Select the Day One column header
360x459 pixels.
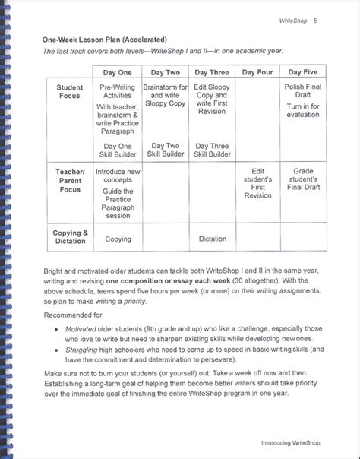(x=118, y=72)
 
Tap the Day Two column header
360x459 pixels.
(x=166, y=72)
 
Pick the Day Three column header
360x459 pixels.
(x=212, y=72)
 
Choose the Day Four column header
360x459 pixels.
(x=258, y=72)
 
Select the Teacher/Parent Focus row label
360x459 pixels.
(x=70, y=180)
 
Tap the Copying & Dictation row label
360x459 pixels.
(x=70, y=237)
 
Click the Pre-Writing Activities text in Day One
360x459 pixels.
(x=118, y=93)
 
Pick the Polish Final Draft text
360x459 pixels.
(x=304, y=93)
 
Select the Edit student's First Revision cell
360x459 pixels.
(x=258, y=183)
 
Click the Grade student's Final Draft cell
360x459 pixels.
(x=304, y=179)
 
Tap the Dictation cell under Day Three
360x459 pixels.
(x=213, y=239)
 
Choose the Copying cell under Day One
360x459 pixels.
(x=118, y=239)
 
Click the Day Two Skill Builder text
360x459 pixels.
(x=166, y=150)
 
